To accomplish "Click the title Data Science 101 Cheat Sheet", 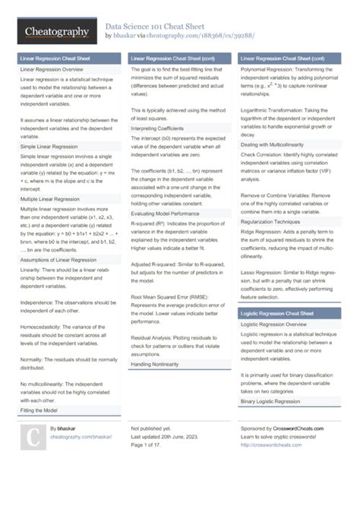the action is (163, 25).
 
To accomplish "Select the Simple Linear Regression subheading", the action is (49, 146).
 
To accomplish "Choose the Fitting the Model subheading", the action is (39, 409).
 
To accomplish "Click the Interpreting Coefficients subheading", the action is (157, 128).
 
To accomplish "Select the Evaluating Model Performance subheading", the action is (163, 215).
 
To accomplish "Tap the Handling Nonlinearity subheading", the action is (154, 365).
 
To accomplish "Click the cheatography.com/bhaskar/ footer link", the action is (81, 437).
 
